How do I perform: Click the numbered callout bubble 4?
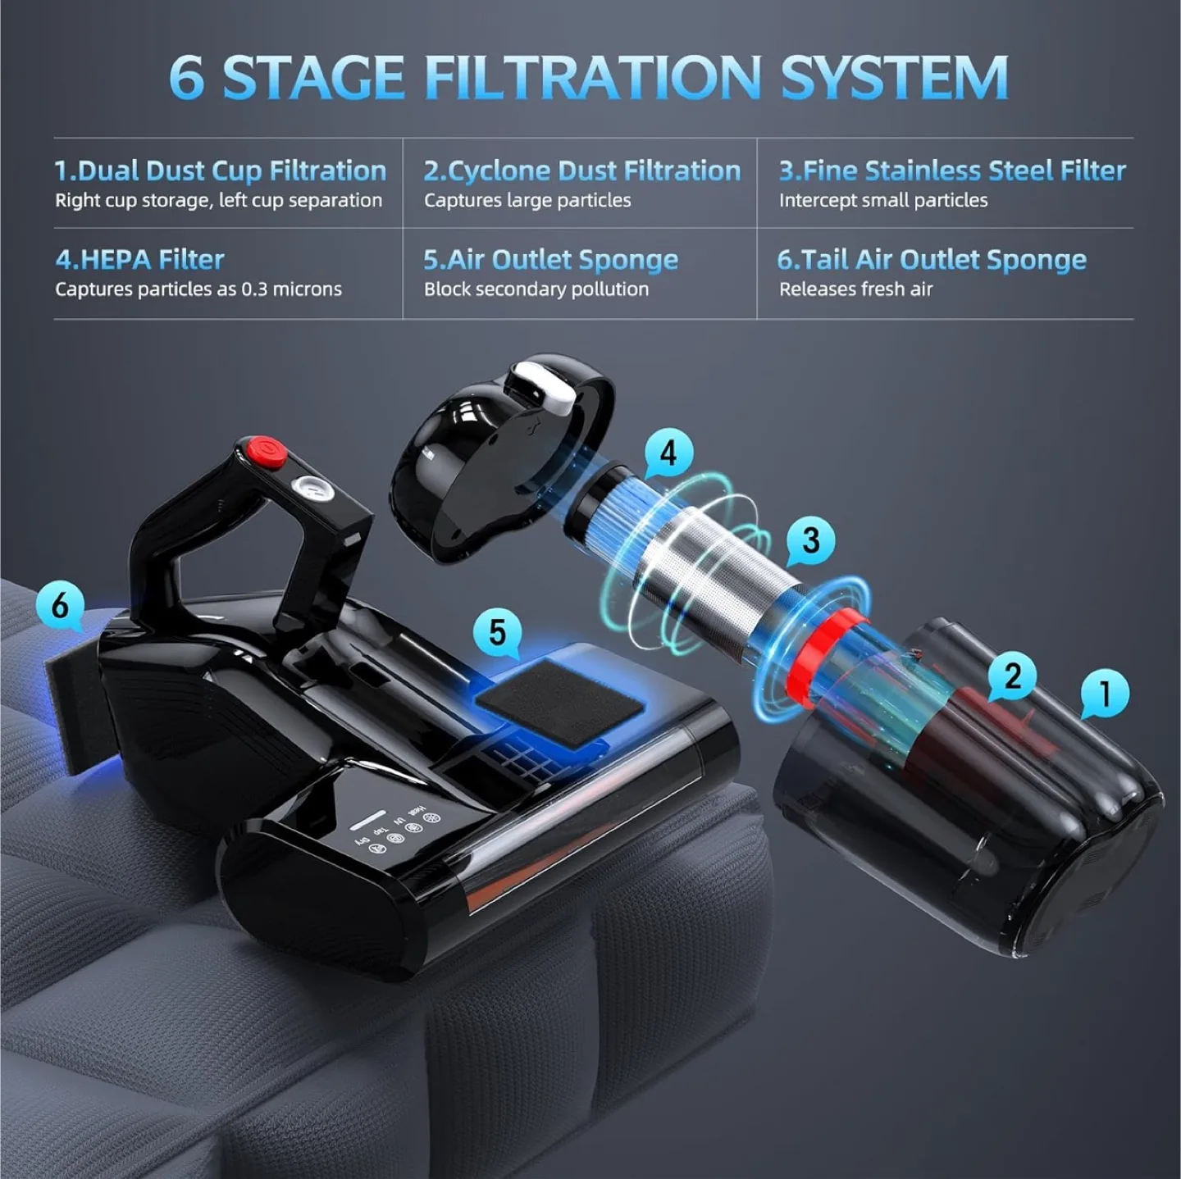(668, 452)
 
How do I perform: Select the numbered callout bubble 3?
(810, 539)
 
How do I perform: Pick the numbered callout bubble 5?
(497, 632)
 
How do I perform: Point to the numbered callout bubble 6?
(60, 606)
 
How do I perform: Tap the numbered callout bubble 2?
(1012, 676)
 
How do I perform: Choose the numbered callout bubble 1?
(1104, 693)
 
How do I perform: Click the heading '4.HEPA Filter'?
(139, 260)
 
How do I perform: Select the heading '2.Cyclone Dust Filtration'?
(581, 171)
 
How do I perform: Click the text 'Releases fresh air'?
(855, 289)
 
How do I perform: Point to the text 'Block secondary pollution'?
(536, 289)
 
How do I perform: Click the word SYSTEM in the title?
(894, 78)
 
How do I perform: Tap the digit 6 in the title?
(186, 78)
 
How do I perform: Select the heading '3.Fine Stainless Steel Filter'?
(951, 171)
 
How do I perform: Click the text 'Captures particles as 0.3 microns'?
(198, 289)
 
